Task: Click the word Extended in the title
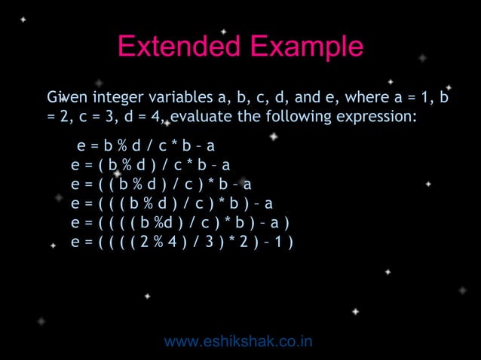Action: pyautogui.click(x=173, y=47)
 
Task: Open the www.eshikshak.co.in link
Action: pyautogui.click(x=238, y=342)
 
